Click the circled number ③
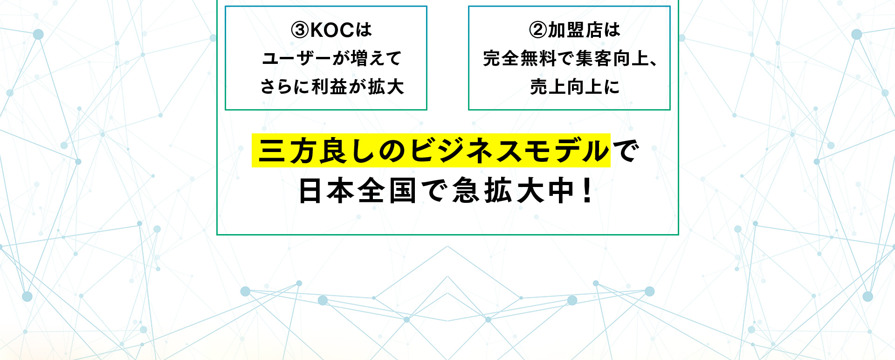point(300,30)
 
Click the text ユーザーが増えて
point(331,59)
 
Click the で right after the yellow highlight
point(625,151)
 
